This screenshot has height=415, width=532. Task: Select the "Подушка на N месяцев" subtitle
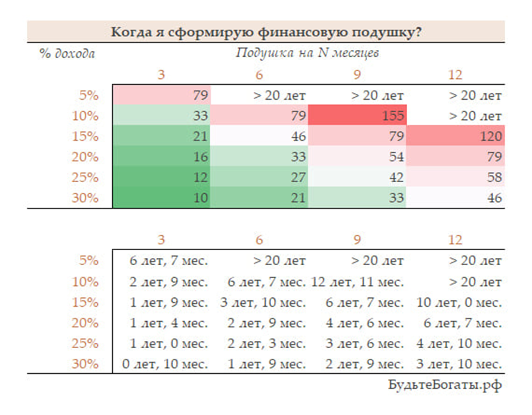coord(307,53)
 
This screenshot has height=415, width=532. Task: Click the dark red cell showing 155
coord(358,116)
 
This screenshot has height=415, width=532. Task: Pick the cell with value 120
coord(456,136)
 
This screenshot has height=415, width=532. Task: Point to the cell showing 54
coord(358,157)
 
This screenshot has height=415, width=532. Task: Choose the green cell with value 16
coord(161,157)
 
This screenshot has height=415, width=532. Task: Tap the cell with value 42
coord(358,177)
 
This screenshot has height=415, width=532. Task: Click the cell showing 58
coord(456,177)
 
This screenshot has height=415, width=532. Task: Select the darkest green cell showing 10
coord(161,198)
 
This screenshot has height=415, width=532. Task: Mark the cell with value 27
coord(259,177)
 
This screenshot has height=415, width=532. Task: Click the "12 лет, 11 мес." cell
coord(357,281)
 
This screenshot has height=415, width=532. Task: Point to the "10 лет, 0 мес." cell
coord(455,302)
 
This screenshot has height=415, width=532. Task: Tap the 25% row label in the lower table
coord(87,344)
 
